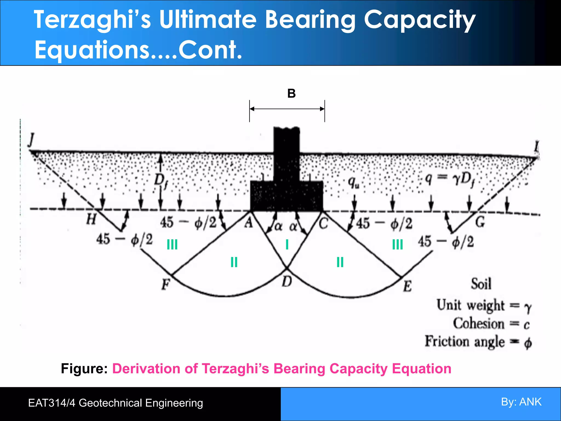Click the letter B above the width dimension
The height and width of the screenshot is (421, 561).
pos(291,93)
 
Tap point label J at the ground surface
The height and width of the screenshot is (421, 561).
pos(32,140)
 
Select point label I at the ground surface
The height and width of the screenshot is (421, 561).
pos(536,147)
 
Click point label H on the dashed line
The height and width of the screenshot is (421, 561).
pos(91,219)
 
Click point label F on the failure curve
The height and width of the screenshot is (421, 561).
pos(166,284)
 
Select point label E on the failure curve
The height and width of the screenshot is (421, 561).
pos(407,287)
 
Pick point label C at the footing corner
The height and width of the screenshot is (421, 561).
pos(324,223)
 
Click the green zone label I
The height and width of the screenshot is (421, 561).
pos(287,244)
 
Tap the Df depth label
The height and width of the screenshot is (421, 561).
pos(161,182)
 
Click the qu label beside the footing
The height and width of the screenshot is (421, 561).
pos(353,182)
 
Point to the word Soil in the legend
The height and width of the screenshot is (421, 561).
pos(481,284)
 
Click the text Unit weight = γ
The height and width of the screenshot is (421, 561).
pos(484,305)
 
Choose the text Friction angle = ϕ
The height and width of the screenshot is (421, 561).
pos(478,342)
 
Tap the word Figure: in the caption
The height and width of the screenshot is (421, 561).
pos(84,369)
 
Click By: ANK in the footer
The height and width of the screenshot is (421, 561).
pos(521,402)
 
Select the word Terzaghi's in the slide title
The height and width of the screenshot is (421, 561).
pos(92,20)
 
